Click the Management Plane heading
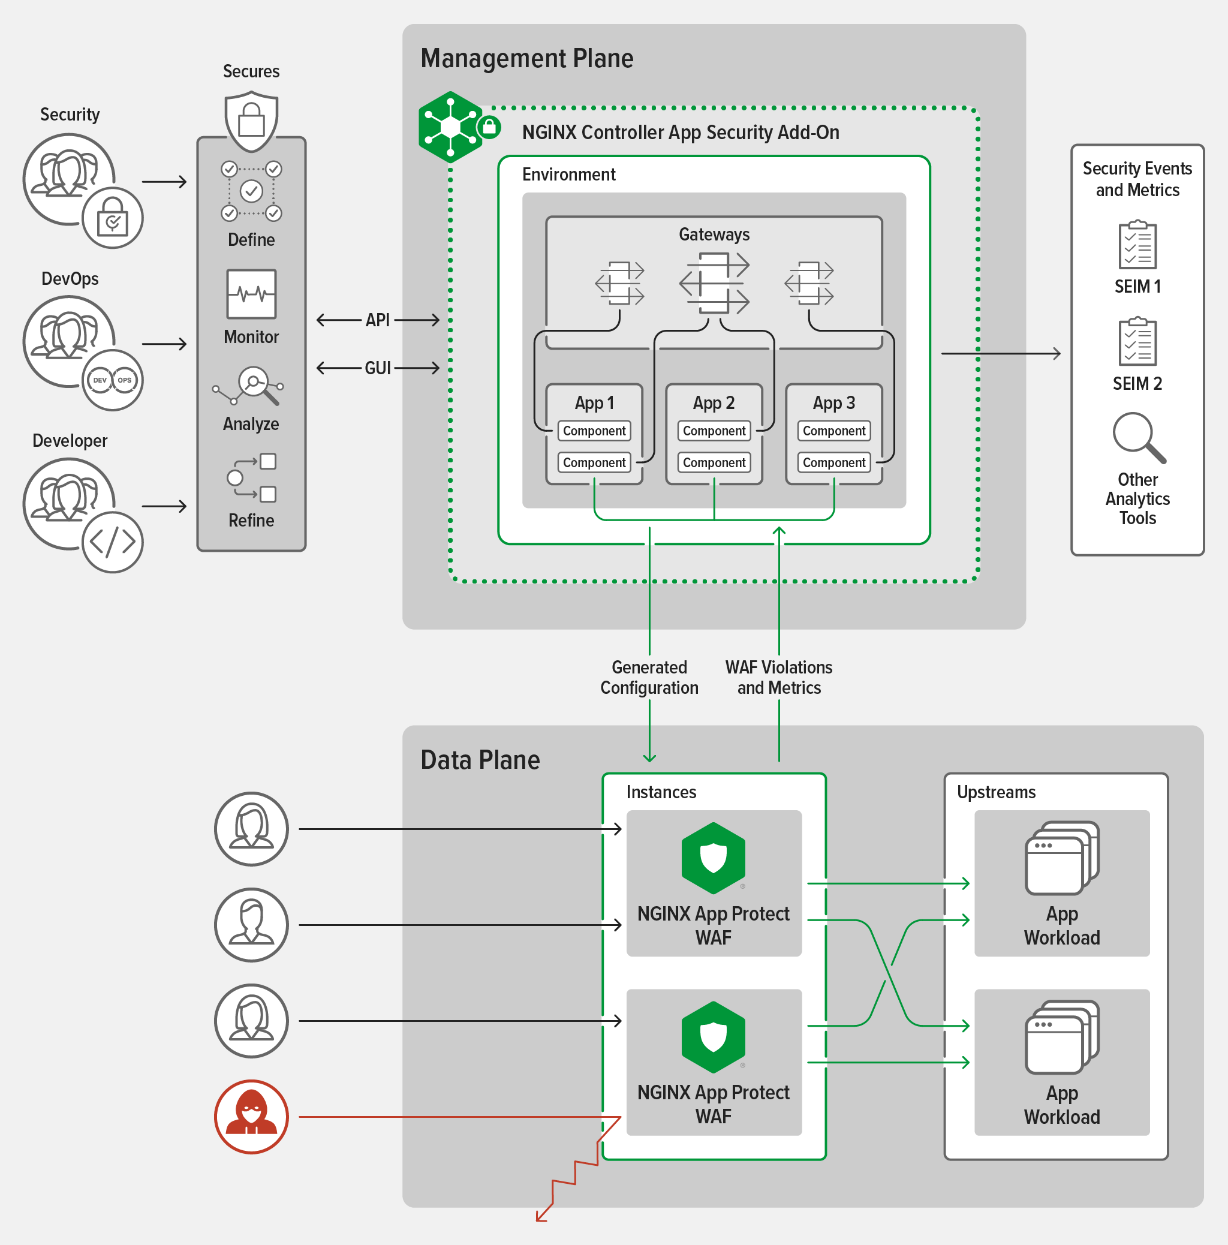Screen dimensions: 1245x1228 pos(526,58)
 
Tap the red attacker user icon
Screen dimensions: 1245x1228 pos(251,1116)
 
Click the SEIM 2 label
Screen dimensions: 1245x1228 pos(1137,383)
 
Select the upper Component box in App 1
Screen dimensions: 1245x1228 pos(594,431)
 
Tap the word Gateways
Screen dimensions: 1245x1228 pos(714,234)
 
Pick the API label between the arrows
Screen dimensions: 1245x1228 pos(378,320)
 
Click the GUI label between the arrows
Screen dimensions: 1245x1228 pos(378,368)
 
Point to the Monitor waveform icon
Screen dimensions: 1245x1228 pos(251,294)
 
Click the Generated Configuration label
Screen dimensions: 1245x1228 pos(649,677)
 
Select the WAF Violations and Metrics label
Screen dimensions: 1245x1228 pos(778,677)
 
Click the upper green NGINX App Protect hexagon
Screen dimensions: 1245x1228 pos(713,858)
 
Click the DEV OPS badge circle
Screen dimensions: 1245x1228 pos(113,380)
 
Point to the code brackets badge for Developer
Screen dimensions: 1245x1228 pos(113,542)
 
